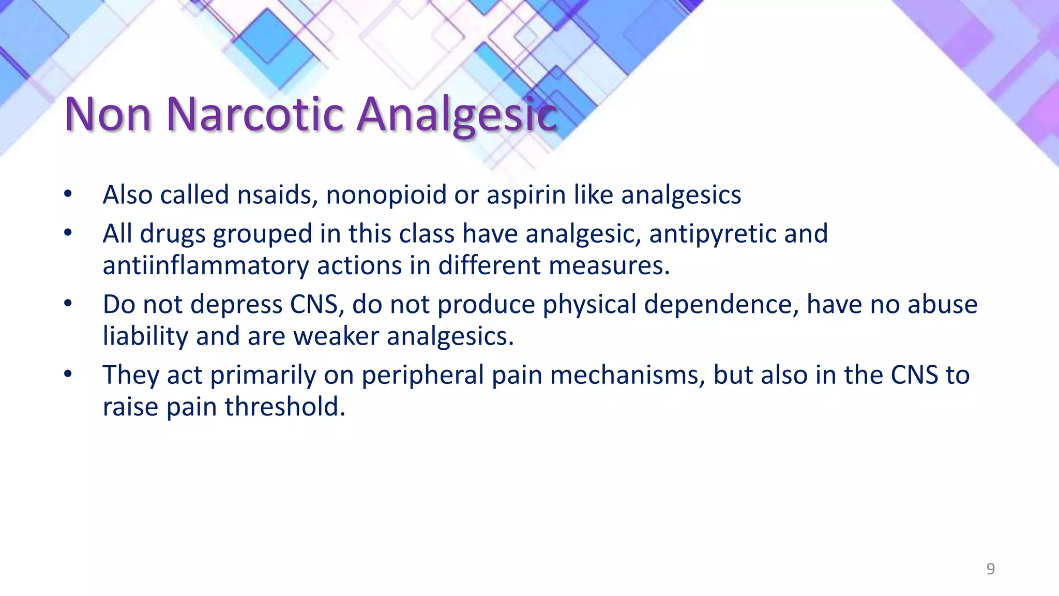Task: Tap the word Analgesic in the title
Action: coord(457,115)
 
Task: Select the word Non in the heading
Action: coord(108,114)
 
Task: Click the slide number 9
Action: coord(990,569)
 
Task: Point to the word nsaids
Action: coord(277,195)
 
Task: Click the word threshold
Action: coord(285,407)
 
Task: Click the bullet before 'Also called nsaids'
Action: coord(68,195)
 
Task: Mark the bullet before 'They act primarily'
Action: coord(68,374)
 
